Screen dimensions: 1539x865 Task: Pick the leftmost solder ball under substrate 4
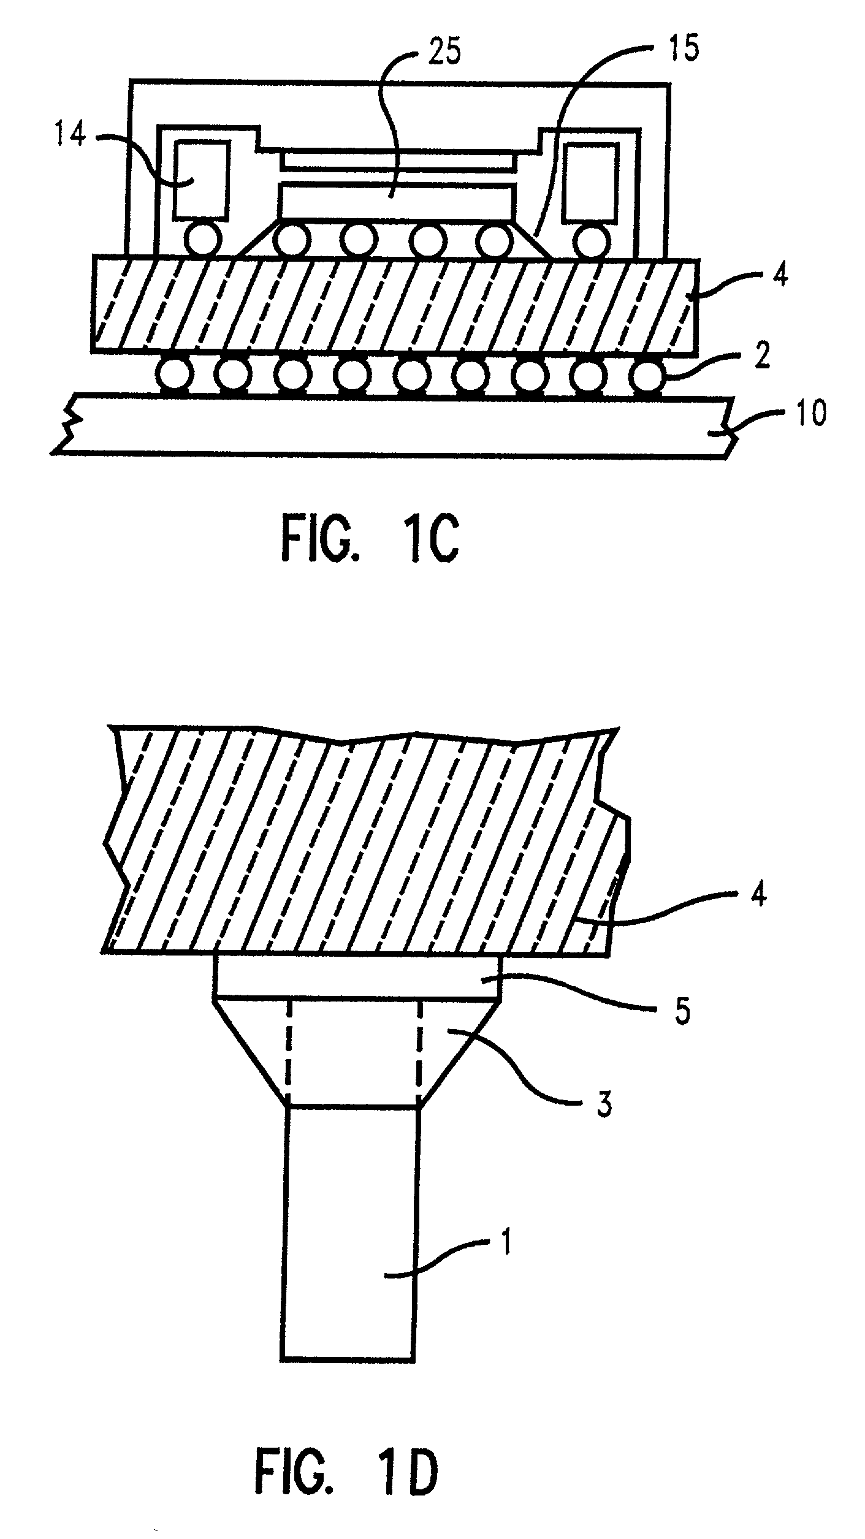click(173, 374)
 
